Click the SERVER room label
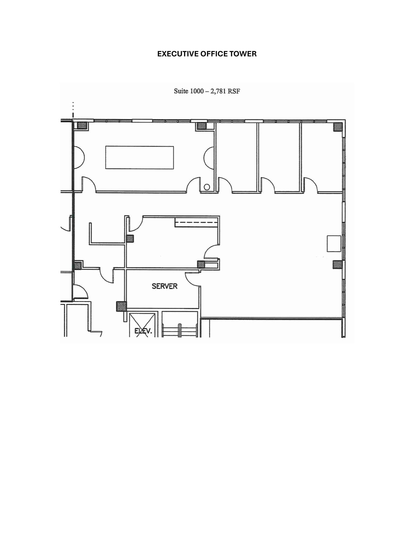[165, 286]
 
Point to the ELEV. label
[143, 331]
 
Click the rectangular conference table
[139, 158]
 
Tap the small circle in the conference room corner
[207, 187]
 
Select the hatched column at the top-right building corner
[338, 127]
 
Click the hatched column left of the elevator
[121, 306]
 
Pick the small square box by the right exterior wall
[334, 243]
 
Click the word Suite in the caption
[181, 91]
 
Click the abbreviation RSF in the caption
[234, 91]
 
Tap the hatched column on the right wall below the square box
[338, 265]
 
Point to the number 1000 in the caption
[197, 91]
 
